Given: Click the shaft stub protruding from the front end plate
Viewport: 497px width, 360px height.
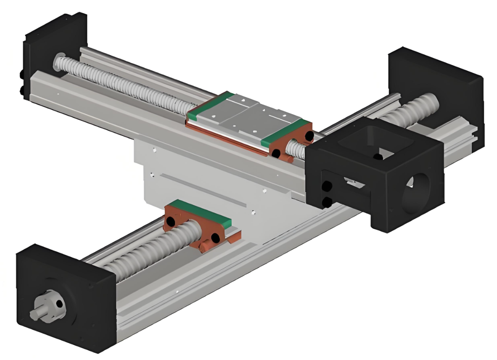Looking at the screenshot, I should point(37,314).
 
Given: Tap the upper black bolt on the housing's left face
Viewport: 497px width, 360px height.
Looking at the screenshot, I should point(327,186).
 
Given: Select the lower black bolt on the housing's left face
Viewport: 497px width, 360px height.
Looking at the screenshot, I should point(327,203).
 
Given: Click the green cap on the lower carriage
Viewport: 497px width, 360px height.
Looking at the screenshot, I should point(195,212).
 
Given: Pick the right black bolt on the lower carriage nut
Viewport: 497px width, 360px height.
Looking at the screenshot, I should point(215,237).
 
